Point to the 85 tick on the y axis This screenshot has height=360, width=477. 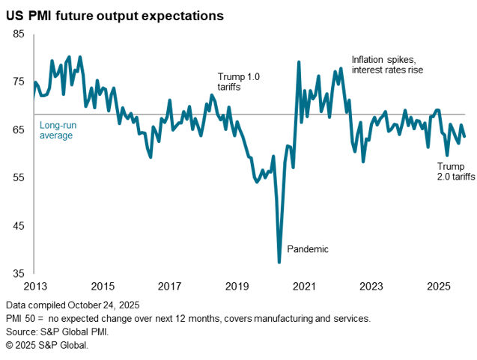(19, 34)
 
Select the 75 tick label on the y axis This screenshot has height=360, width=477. (19, 82)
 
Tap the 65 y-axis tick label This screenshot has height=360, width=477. (19, 130)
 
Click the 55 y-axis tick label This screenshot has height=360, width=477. (19, 178)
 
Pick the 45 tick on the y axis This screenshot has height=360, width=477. (19, 226)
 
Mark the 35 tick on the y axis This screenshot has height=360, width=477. (19, 274)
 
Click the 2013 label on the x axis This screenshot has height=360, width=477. (34, 286)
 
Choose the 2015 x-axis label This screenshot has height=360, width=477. (103, 286)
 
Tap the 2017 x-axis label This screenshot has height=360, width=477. (170, 286)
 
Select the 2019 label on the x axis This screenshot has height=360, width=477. (237, 286)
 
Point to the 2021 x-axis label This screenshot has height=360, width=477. (305, 286)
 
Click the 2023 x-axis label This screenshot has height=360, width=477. (372, 286)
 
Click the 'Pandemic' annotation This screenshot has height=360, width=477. (309, 248)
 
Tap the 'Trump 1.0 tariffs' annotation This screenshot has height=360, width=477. (237, 82)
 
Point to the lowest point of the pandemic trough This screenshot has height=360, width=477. (279, 262)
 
